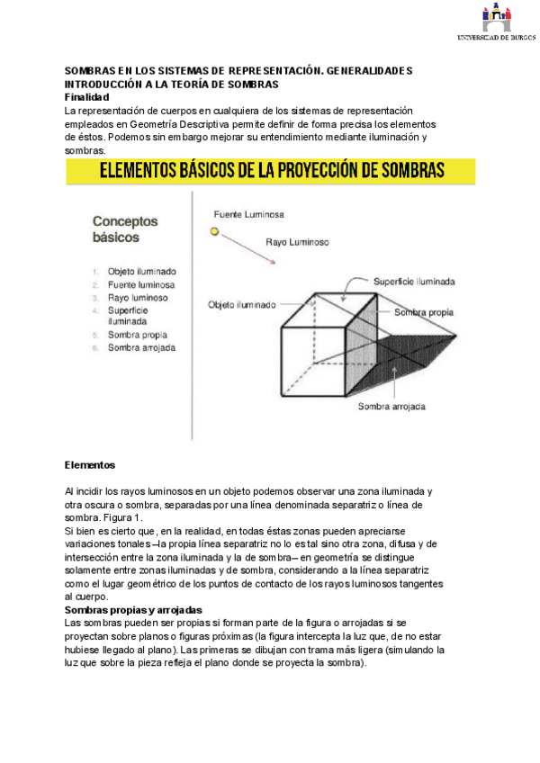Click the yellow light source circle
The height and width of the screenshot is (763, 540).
click(214, 231)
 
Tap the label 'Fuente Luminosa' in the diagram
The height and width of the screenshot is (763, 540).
click(248, 215)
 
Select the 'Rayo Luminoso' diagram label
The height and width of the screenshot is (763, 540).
click(297, 242)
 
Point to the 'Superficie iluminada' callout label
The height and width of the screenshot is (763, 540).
click(414, 282)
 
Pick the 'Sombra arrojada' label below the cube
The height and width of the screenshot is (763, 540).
click(391, 407)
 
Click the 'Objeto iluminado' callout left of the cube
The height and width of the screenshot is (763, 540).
click(241, 304)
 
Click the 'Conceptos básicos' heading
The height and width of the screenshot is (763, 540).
click(125, 229)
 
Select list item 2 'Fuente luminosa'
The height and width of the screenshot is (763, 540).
click(141, 283)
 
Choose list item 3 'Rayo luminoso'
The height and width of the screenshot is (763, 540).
click(137, 297)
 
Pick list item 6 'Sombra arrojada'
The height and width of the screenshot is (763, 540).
click(141, 347)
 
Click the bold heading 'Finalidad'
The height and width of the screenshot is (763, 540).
click(86, 96)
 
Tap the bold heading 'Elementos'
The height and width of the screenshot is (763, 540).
click(90, 465)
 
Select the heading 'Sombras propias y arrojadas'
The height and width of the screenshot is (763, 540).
click(133, 610)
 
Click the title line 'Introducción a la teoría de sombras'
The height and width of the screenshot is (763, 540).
click(171, 84)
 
